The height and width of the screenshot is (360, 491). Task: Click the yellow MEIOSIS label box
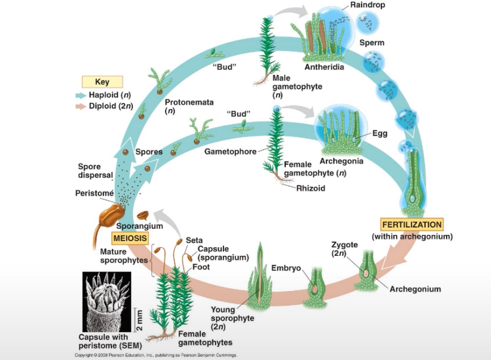pos(130,237)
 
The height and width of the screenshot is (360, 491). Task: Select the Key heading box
pos(102,82)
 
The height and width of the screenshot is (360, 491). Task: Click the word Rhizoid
pos(311,189)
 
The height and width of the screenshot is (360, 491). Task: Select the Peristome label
pos(94,192)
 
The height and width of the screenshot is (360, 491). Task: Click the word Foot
pos(201,267)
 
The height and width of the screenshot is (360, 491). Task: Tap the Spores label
pos(149,152)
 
